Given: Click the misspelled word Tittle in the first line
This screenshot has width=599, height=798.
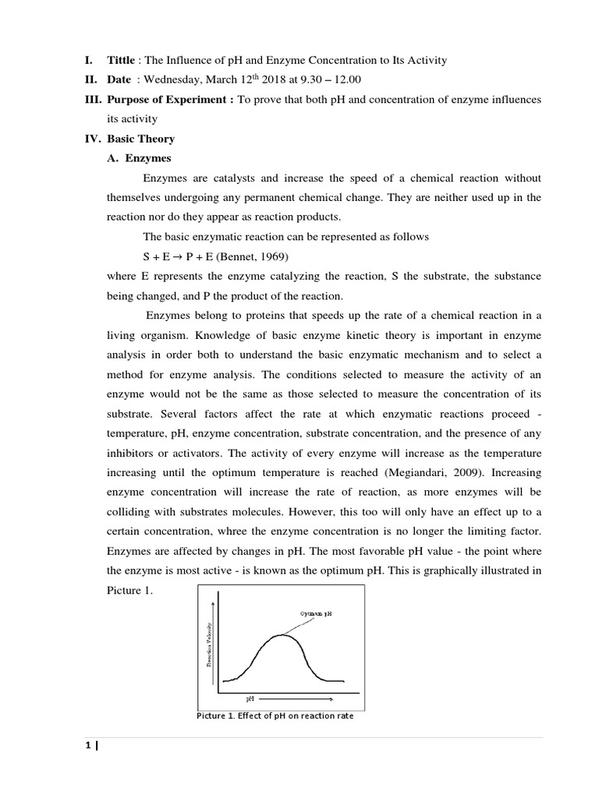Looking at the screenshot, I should coord(120,61).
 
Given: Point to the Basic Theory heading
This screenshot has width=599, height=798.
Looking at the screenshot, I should coord(140,139).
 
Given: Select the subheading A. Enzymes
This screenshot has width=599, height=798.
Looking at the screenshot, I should coord(139,158).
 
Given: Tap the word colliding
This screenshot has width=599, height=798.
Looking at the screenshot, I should coord(130,512).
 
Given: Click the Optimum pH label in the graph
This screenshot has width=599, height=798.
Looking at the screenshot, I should coord(317,613).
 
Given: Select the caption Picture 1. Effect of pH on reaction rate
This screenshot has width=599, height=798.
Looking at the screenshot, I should coord(275,715).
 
